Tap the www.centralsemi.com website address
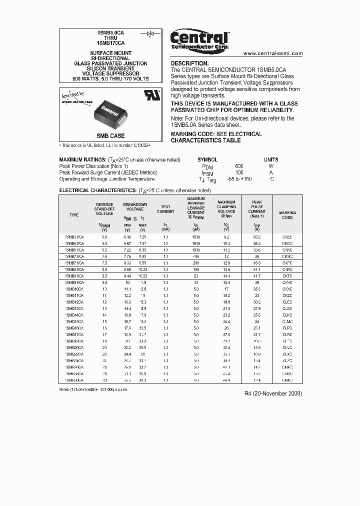coord(273,53)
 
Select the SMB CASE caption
coord(110,136)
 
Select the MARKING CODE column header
coord(287,215)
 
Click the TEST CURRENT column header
coord(165,209)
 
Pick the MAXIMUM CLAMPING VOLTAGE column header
coord(226,209)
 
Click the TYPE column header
coord(74,215)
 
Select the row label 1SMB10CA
coord(74,289)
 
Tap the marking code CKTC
coord(287,276)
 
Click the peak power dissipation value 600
coord(239,166)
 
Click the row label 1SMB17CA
coord(74,334)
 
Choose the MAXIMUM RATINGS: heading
coord(82,159)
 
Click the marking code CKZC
coord(287,295)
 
